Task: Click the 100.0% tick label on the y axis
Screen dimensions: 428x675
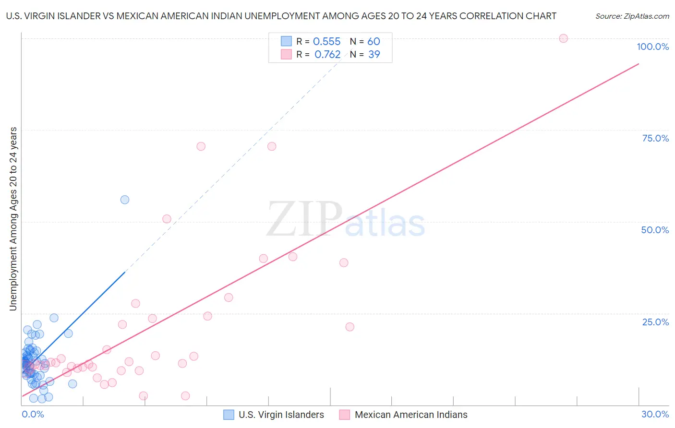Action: (652, 47)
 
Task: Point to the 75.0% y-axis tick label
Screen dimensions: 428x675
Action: (655, 138)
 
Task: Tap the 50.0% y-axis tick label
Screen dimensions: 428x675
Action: (655, 230)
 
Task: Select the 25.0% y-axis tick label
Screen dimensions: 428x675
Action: (655, 322)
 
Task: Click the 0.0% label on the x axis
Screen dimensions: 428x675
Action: (33, 414)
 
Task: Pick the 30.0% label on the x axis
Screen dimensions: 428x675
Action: (655, 414)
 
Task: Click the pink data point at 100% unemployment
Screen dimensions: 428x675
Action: (564, 38)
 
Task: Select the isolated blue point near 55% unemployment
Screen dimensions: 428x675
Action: (125, 200)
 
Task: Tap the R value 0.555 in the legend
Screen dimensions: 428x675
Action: (326, 42)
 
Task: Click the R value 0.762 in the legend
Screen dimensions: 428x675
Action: (327, 55)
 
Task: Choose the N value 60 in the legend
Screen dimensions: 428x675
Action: (374, 42)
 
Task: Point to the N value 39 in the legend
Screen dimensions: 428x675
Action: (374, 55)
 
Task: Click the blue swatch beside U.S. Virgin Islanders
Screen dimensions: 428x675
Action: (229, 415)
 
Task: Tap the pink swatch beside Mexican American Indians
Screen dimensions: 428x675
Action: (345, 415)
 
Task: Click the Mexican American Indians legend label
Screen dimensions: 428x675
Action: (411, 415)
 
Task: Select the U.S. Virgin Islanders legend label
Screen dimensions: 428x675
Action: (281, 415)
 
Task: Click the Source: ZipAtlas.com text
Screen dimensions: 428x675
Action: (632, 16)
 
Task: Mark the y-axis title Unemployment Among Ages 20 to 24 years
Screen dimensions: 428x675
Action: (13, 219)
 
